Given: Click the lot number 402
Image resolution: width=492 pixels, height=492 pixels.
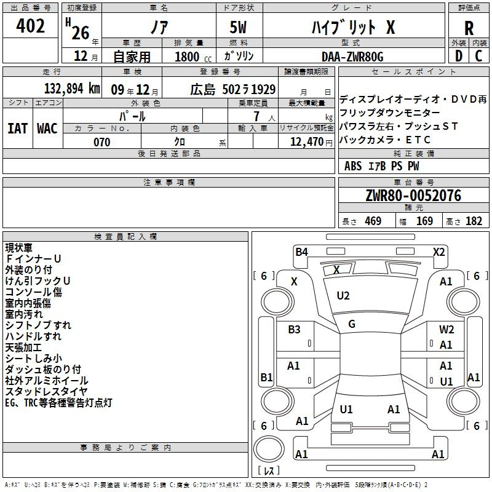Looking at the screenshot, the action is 30,25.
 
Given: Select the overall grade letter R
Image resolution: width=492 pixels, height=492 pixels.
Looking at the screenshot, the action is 469,28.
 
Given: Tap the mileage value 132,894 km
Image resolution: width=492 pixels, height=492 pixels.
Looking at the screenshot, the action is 72,89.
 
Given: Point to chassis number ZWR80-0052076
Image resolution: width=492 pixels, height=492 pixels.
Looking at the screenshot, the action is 413,196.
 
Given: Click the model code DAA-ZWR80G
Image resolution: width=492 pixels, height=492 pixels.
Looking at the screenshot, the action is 352,57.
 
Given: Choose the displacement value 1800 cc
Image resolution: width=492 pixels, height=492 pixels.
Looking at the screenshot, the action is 193,57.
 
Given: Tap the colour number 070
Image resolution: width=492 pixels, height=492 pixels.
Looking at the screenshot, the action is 101,142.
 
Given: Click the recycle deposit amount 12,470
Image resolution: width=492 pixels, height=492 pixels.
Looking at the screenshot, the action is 306,142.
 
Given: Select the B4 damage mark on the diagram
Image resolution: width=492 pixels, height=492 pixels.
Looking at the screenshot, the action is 301,252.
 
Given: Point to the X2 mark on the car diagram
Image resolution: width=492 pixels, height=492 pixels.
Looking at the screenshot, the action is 438,252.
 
